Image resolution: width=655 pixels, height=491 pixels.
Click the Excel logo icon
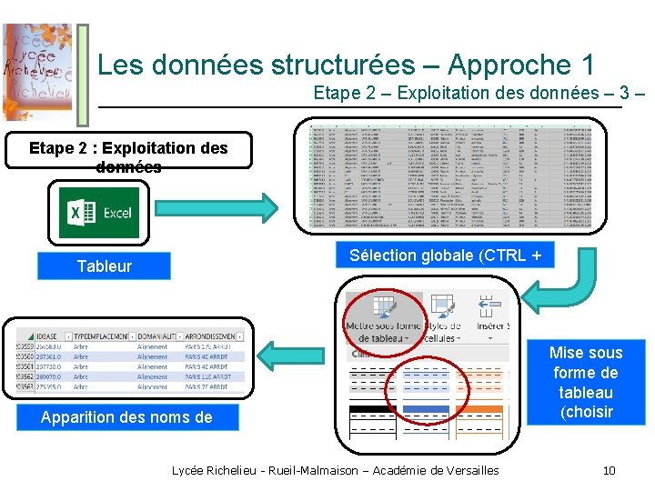point(99,213)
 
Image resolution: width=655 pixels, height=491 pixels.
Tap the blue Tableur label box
point(104,266)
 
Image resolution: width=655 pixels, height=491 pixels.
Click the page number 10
point(609,470)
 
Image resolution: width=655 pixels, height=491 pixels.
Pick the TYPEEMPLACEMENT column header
point(101,336)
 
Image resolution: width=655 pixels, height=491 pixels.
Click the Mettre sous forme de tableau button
point(383,318)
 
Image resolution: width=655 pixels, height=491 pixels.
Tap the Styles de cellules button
point(443,318)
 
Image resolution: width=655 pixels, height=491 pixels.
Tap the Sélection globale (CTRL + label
point(450,256)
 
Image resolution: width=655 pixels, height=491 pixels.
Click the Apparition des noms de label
point(126,417)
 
